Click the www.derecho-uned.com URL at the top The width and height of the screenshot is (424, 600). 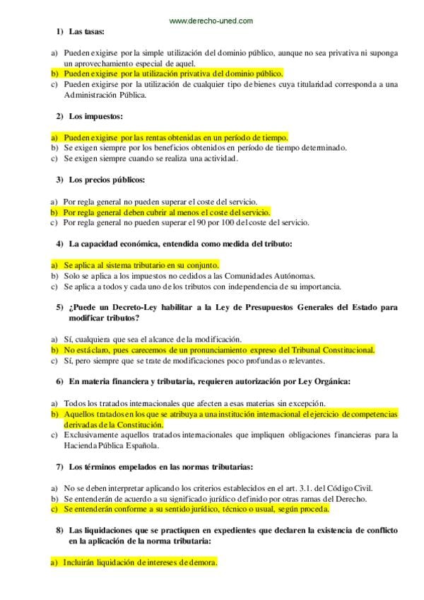(x=211, y=21)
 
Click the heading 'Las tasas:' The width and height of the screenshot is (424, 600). (x=87, y=33)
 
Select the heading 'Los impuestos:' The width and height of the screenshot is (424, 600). (x=96, y=116)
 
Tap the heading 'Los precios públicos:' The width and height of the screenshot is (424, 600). (x=107, y=180)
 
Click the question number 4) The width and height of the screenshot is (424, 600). (x=60, y=243)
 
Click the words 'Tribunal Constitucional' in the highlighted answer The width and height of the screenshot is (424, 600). (x=334, y=350)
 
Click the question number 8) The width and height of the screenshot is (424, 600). (x=60, y=530)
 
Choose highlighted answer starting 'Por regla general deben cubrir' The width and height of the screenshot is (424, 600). (x=165, y=212)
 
